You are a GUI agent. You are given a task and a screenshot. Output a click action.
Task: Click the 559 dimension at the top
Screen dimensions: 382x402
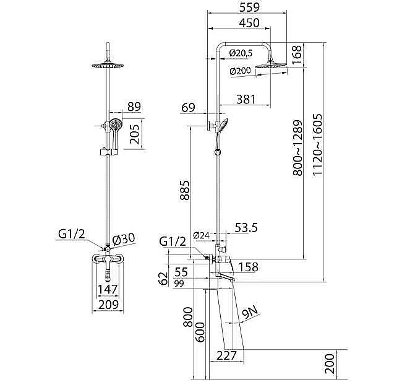coord(243,7)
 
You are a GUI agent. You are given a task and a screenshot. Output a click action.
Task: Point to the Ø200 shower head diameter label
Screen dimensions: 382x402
coord(241,71)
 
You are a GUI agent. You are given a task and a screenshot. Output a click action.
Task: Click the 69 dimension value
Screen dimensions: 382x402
coord(189,109)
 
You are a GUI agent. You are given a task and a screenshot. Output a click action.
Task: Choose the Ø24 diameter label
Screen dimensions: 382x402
coord(201,235)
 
